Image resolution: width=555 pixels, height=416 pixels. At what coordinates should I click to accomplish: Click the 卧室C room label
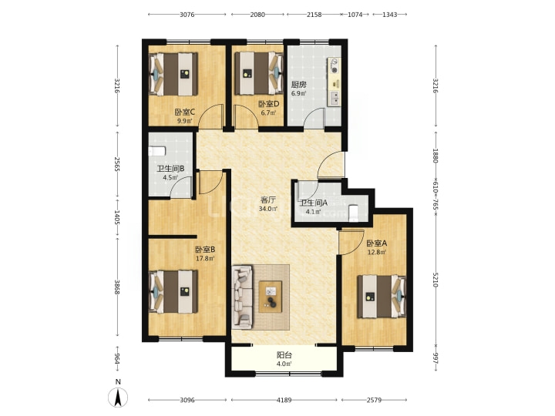[x=184, y=112]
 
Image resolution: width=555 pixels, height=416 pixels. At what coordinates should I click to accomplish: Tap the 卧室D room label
[x=269, y=104]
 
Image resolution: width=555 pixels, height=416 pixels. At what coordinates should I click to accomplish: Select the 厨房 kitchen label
[x=298, y=85]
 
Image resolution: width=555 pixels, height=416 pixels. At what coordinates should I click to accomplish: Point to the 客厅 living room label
[x=268, y=200]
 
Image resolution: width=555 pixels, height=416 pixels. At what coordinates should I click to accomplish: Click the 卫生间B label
[x=170, y=169]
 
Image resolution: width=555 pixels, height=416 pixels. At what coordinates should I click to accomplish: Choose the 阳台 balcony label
[x=284, y=355]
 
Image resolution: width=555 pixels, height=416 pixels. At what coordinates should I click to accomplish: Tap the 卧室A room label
[x=377, y=243]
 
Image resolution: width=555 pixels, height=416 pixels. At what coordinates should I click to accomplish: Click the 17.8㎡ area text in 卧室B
[x=205, y=259]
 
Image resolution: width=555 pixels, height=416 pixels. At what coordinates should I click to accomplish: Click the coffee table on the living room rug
[x=271, y=297]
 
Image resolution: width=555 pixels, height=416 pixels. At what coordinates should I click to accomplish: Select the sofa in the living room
[x=243, y=296]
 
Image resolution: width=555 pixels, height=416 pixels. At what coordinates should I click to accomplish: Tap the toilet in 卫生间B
[x=156, y=151]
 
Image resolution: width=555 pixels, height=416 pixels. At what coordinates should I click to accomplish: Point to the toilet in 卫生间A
[x=354, y=213]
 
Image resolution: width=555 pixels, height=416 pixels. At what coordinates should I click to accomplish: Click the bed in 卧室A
[x=382, y=297]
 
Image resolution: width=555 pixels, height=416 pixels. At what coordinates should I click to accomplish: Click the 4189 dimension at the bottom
[x=284, y=400]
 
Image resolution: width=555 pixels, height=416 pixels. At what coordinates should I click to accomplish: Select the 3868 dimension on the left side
[x=117, y=287]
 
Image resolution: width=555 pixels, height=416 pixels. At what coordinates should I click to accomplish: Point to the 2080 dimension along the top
[x=257, y=15]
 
